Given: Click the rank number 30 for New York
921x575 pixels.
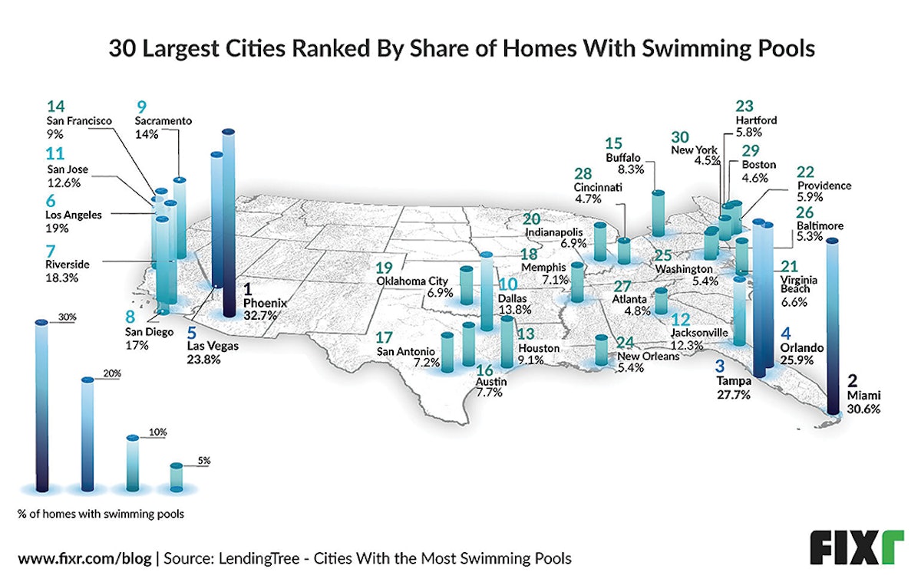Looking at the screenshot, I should (680, 136).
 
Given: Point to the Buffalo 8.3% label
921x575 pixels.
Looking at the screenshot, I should (622, 163).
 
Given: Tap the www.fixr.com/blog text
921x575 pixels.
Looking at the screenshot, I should (83, 556).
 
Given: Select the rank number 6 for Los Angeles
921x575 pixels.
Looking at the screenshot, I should (51, 201).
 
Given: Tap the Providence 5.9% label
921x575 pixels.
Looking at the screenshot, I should (824, 192).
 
